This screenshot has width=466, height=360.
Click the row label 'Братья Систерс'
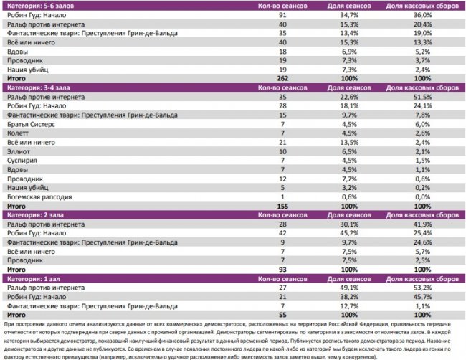28,123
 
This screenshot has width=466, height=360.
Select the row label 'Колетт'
16,133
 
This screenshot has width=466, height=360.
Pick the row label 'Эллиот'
16,151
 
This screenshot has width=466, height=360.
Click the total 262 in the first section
282,78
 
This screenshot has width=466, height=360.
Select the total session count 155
282,205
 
